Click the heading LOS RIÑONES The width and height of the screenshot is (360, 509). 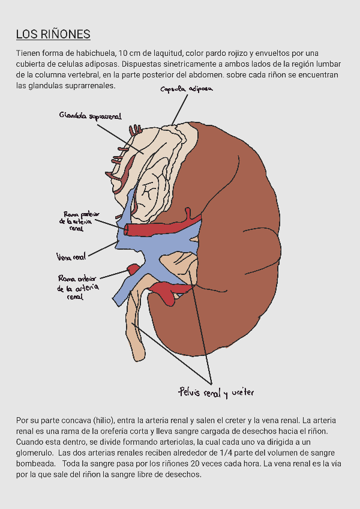(53, 34)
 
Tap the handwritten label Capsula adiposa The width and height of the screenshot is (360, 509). (187, 89)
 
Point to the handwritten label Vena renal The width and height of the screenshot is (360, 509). (71, 258)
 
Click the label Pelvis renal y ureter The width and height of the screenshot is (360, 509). (216, 393)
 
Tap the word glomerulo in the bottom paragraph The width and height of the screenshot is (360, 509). (34, 452)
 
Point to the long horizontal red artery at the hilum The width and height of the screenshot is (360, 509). (159, 229)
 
